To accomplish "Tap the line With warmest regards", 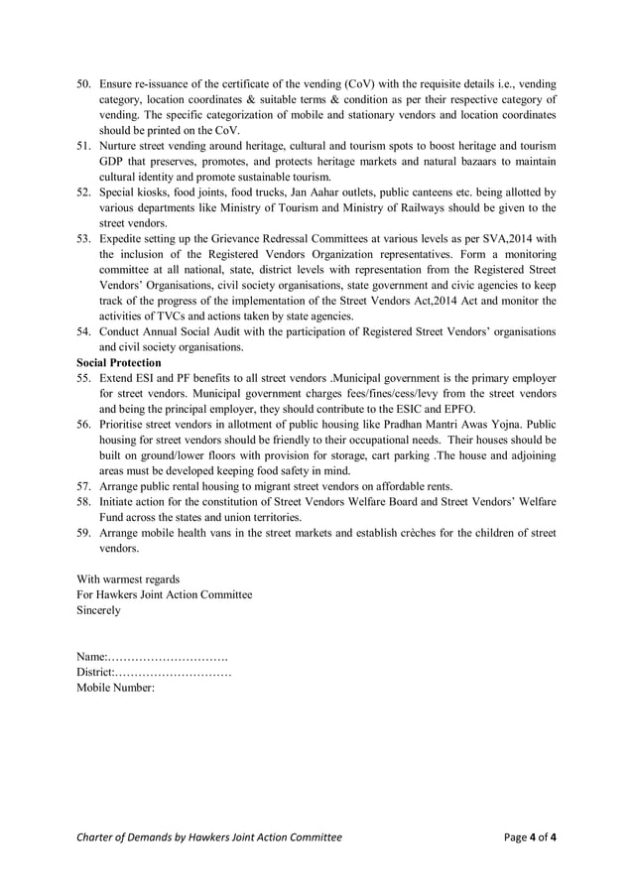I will tap(128, 578).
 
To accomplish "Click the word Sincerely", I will tap(98, 610).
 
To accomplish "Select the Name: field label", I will tap(91, 657).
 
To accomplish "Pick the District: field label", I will tap(95, 673).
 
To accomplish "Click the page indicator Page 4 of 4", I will tap(530, 837).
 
